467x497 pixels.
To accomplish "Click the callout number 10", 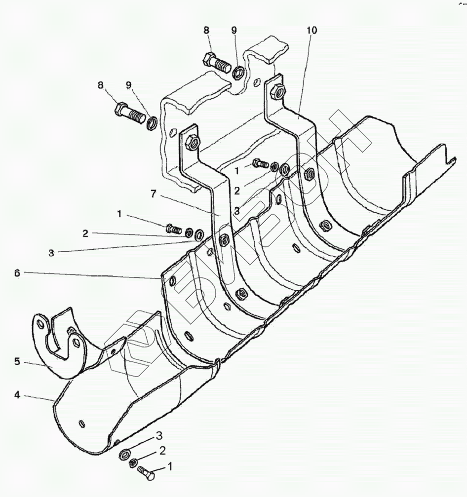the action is tap(311, 30).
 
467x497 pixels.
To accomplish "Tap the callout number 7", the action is tap(154, 194).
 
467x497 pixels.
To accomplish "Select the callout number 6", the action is tap(17, 272).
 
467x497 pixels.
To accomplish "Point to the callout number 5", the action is tap(17, 361).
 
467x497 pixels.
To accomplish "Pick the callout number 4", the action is tap(17, 395).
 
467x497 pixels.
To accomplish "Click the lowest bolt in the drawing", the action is tap(146, 475).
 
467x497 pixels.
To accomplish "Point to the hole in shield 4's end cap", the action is tap(82, 423).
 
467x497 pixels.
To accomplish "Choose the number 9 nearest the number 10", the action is tap(234, 30).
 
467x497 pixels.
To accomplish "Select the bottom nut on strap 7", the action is tap(241, 295).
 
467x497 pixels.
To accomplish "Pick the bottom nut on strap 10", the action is tap(325, 226).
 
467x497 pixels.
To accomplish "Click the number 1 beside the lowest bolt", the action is tap(171, 465).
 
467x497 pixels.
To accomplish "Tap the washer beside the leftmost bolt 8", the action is tap(152, 121).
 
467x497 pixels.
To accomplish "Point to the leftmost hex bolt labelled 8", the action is tap(129, 112).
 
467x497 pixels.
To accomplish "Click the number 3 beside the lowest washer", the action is tap(159, 435).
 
